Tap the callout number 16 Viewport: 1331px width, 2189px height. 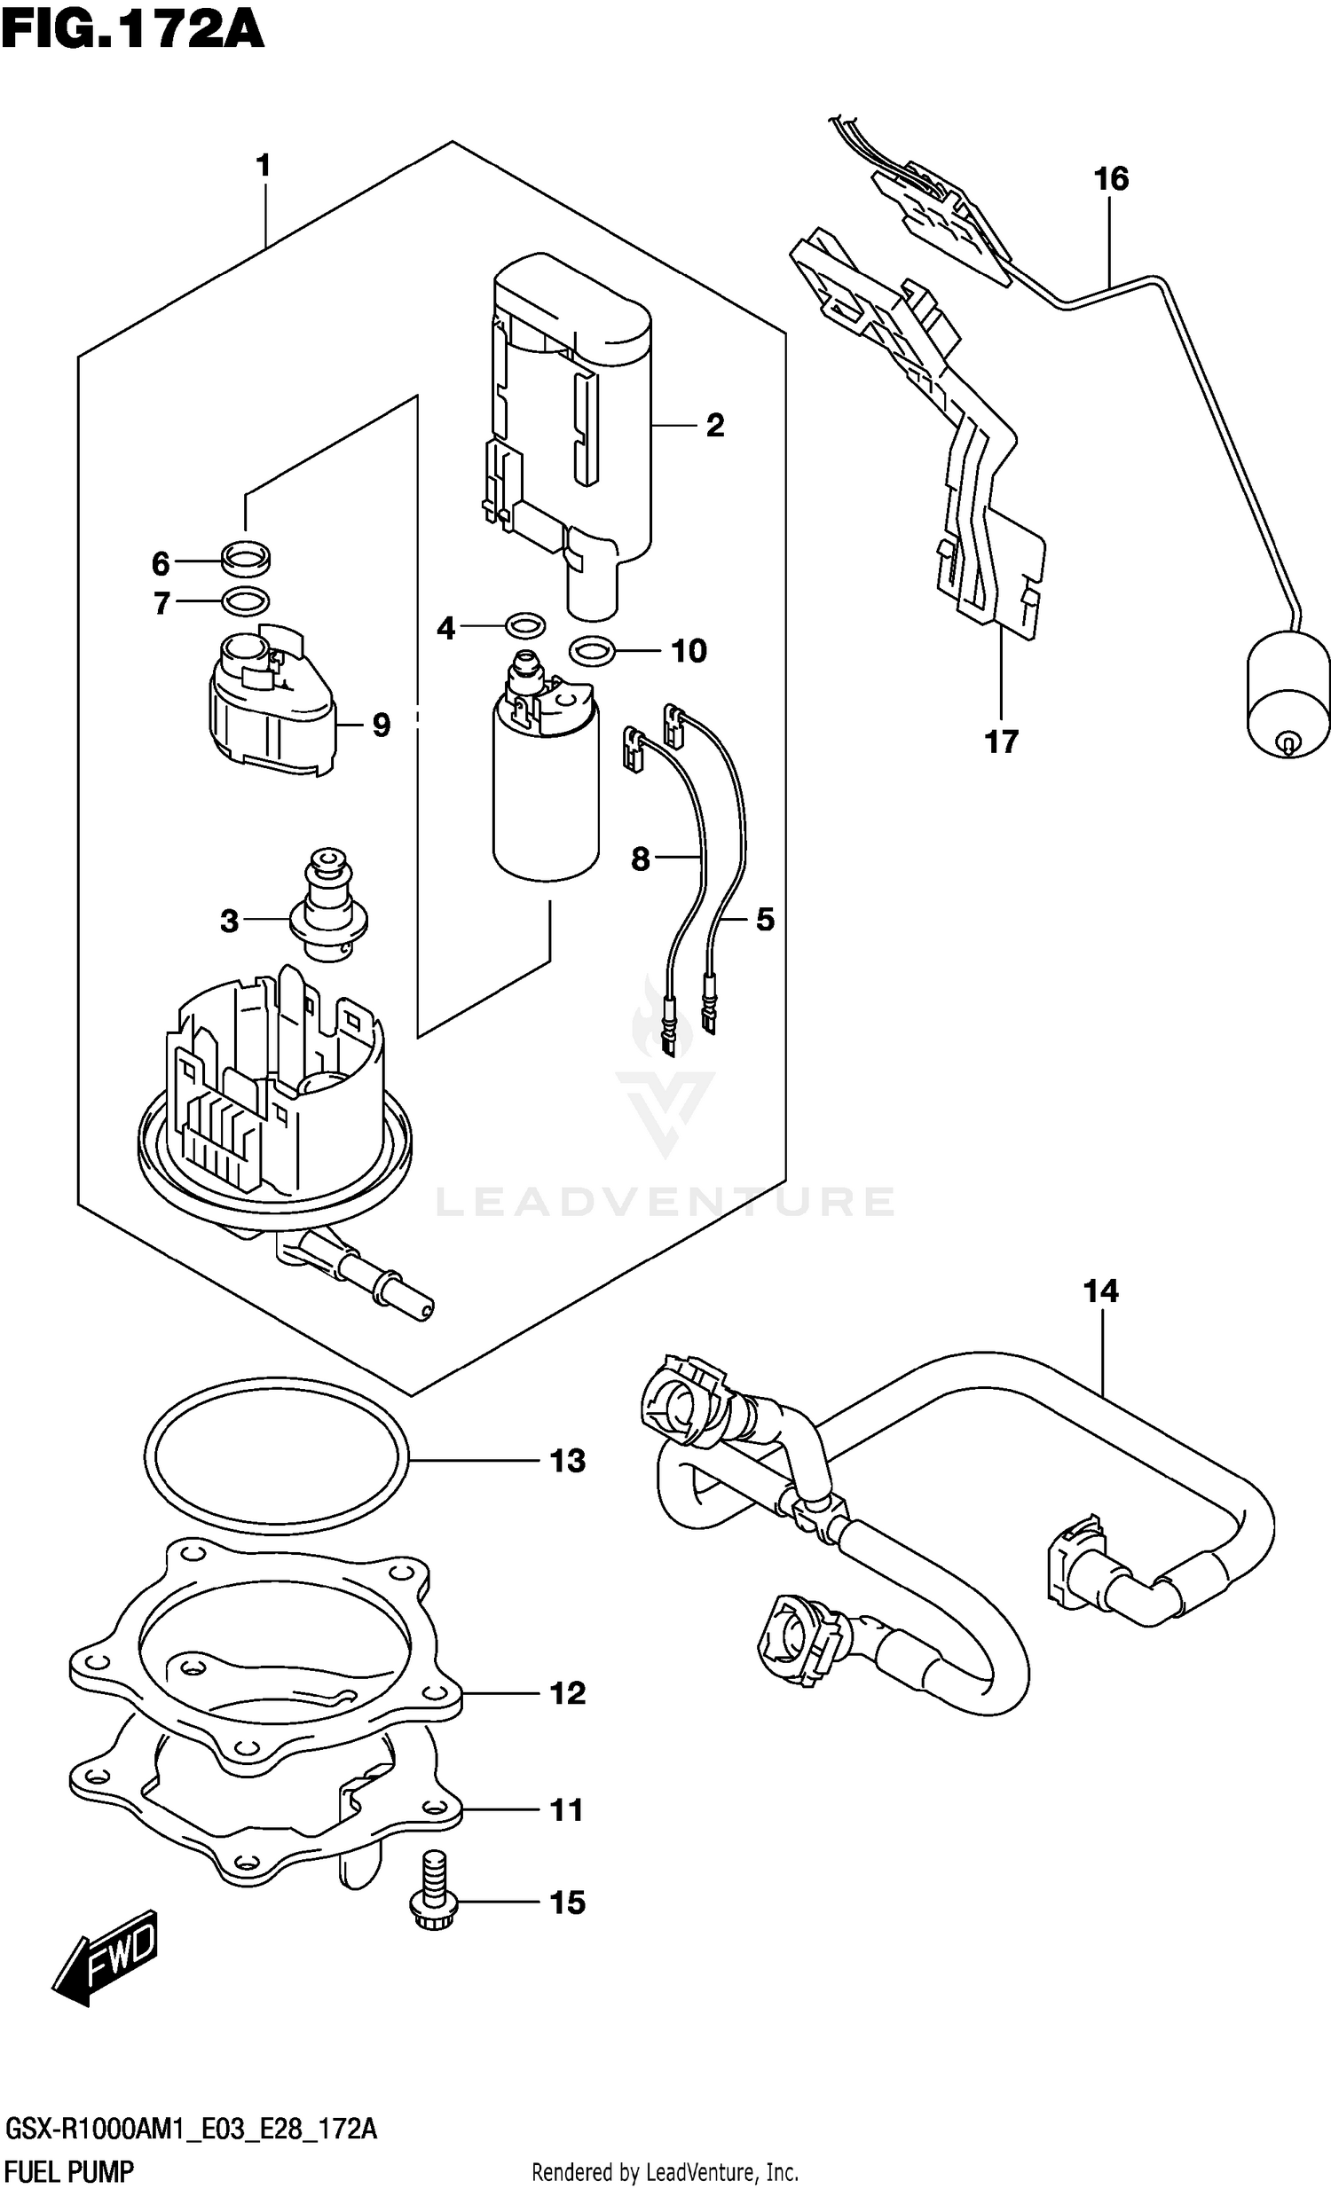click(1110, 178)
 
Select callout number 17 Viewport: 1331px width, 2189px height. click(1001, 741)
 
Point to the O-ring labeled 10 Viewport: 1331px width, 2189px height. click(591, 651)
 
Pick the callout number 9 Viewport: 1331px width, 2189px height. click(381, 726)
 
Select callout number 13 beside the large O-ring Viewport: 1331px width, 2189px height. click(568, 1462)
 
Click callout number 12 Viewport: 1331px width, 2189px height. click(568, 1694)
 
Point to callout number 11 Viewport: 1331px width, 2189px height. click(567, 1809)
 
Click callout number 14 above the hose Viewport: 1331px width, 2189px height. click(1100, 1291)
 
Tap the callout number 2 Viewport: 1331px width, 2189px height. click(715, 426)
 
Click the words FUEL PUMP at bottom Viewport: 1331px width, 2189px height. click(69, 2173)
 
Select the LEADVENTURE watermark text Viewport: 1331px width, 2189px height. click(665, 1202)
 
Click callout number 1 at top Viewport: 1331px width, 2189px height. click(263, 165)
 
